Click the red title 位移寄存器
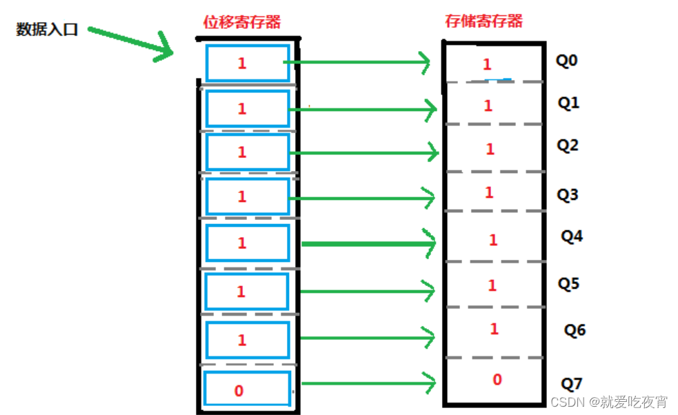point(241,22)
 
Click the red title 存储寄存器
point(484,21)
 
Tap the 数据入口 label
point(47,30)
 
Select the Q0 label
point(566,61)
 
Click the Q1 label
point(568,103)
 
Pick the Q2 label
point(568,145)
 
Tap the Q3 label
point(568,195)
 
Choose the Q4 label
point(572,236)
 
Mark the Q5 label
point(568,283)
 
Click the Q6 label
point(575,330)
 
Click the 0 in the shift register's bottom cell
point(239,391)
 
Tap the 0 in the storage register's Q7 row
point(497,379)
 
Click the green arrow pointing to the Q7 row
point(368,383)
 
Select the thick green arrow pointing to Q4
point(368,243)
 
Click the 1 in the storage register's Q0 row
point(487,65)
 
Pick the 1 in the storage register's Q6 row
point(494,330)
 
